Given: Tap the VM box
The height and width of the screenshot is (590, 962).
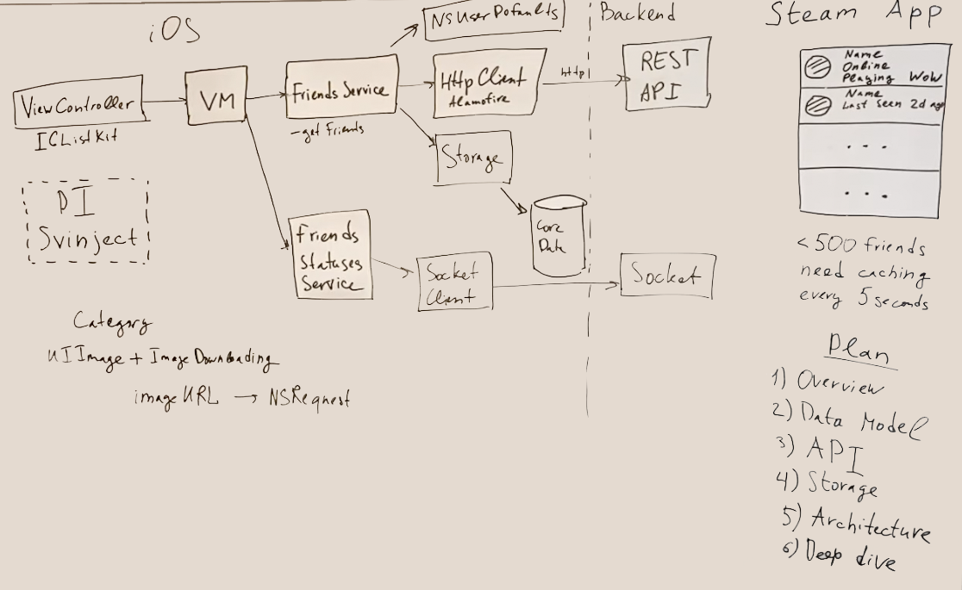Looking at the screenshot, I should (x=216, y=101).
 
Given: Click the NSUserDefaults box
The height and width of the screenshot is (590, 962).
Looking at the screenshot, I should (x=494, y=17).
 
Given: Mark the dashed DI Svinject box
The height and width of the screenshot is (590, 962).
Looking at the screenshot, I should (x=86, y=220).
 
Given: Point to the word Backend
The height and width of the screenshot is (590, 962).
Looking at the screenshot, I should (x=637, y=13).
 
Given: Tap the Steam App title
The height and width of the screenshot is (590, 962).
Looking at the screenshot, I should (x=862, y=14).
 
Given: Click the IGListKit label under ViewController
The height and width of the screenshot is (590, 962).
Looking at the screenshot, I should (x=76, y=140).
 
